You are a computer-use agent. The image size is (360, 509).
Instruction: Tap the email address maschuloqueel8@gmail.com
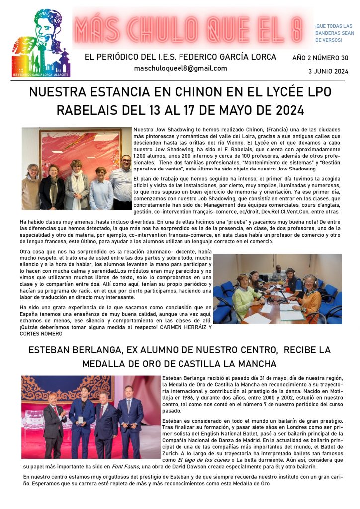(180, 68)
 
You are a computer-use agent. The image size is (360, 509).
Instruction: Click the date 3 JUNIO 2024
(328, 71)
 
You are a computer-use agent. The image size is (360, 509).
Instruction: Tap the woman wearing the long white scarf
(78, 184)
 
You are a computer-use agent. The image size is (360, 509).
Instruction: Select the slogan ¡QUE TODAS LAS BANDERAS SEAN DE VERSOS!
(334, 33)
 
